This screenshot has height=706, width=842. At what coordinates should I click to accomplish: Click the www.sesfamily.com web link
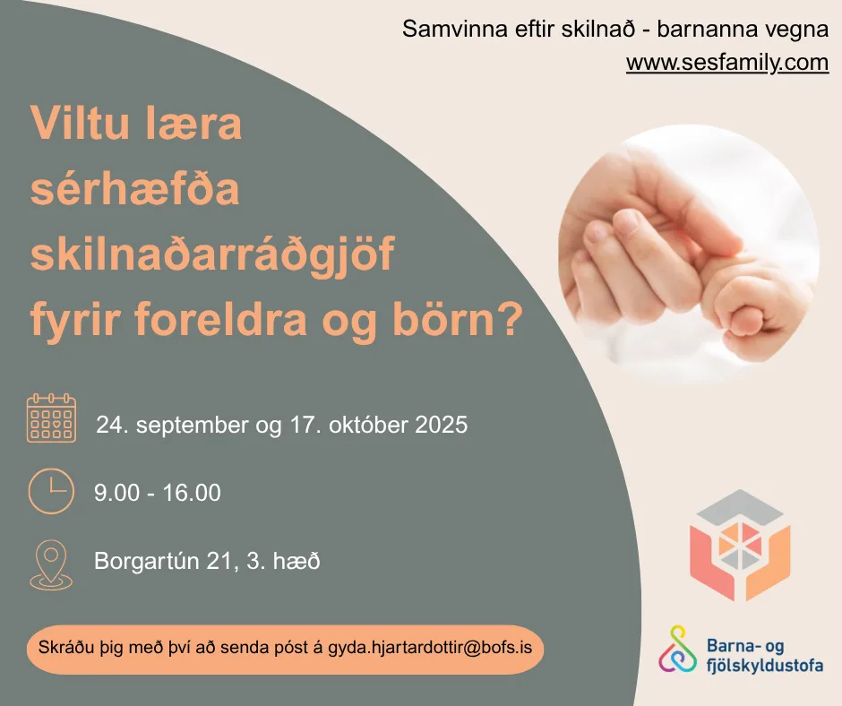tap(727, 63)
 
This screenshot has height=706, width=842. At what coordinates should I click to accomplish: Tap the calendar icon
tap(52, 418)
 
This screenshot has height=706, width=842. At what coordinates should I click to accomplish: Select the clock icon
tap(51, 491)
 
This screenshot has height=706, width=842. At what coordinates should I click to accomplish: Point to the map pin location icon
tap(51, 565)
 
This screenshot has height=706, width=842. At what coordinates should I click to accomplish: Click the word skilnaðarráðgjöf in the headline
tap(212, 255)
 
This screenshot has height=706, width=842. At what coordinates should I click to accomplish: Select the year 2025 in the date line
tap(442, 425)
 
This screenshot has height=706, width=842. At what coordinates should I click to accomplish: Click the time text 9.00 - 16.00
tap(158, 493)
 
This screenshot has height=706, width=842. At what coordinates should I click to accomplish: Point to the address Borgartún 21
tap(163, 561)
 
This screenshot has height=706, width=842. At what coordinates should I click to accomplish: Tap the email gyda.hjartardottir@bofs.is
tap(430, 648)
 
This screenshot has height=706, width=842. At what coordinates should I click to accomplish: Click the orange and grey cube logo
tap(739, 545)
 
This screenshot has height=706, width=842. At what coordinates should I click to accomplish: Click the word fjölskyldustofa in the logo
tap(765, 665)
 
